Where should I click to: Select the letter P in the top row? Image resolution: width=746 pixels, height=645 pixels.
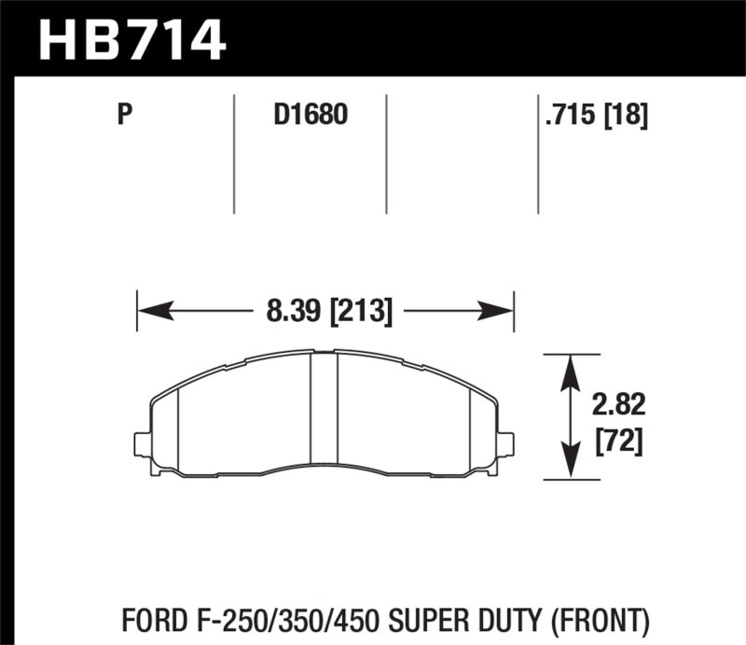[123, 116]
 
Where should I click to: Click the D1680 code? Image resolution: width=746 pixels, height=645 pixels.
[310, 116]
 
